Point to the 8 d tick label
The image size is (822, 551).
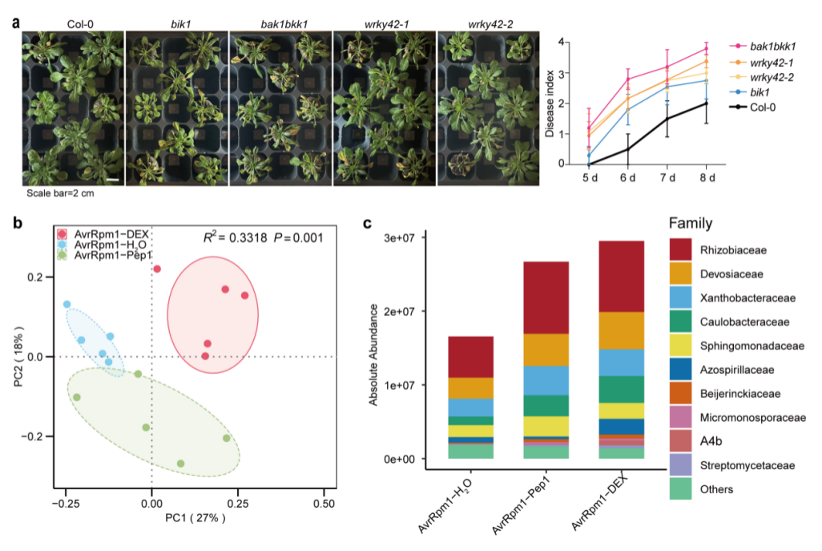coord(707,178)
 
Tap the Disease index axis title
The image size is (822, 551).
coord(550,104)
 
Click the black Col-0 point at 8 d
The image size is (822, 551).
coord(706,103)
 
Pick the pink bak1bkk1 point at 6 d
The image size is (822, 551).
coord(628,79)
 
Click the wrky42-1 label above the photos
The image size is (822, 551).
coord(386,24)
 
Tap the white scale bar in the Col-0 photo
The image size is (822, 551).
coord(113,180)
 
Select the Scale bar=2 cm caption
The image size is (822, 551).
coord(60,193)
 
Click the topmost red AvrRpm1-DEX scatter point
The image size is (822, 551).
coord(157,269)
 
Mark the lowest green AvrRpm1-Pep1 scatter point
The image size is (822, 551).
coord(180,464)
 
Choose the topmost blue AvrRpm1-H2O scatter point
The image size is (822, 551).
coord(67,304)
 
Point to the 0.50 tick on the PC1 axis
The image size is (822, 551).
coord(324,503)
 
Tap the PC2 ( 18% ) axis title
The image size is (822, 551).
coord(19,356)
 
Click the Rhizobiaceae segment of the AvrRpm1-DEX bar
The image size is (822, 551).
coord(621,277)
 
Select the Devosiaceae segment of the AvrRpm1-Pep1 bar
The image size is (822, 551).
coord(546,350)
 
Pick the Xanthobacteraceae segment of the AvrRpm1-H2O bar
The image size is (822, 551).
coord(471,407)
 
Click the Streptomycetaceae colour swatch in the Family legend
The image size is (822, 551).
coord(680,465)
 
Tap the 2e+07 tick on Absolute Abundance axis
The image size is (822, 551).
coord(399,312)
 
